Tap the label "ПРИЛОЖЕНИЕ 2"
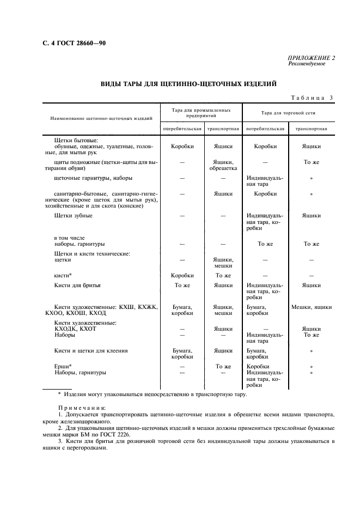pyautogui.click(x=312, y=58)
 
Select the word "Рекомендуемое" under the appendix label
pyautogui.click(x=307, y=64)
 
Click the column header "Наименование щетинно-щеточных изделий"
pyautogui.click(x=101, y=118)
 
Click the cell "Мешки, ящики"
pyautogui.click(x=312, y=307)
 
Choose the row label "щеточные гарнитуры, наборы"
pyautogui.click(x=93, y=178)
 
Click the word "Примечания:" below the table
pyautogui.click(x=82, y=408)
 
